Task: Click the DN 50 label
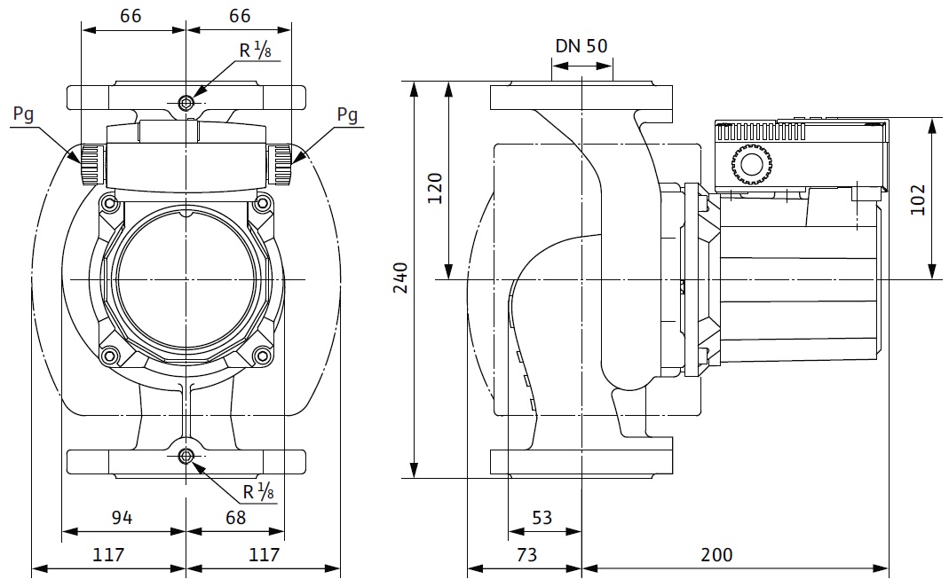581,46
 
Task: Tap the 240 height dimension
400,279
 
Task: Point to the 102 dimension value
917,200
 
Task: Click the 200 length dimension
716,555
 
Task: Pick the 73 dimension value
526,555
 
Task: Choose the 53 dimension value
542,516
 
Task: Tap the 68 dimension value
235,516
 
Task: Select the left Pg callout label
25,114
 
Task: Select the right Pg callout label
347,114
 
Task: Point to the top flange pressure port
186,103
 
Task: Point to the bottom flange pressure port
186,457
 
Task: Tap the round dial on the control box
751,165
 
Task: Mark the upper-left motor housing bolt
109,204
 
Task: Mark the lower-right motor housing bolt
262,356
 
